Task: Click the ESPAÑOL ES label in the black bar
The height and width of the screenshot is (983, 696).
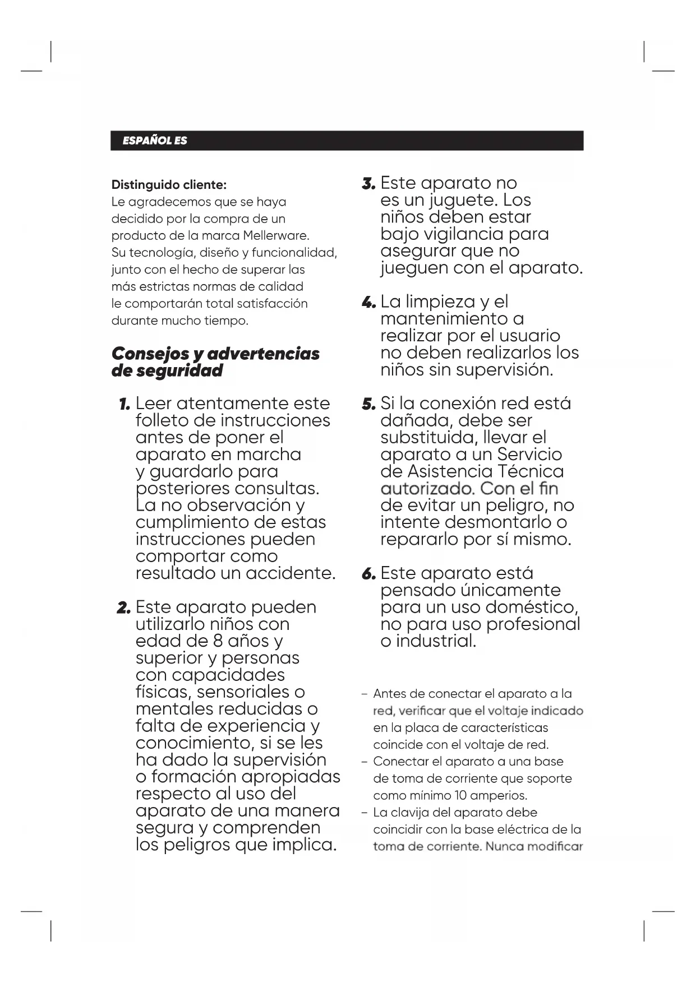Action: pos(155,141)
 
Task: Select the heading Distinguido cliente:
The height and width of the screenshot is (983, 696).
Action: pos(169,185)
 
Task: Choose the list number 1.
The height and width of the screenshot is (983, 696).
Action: pos(125,404)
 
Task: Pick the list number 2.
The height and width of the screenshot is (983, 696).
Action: pos(123,608)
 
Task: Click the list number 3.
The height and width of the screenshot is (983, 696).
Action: pos(368,183)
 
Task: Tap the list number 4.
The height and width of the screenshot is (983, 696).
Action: pos(368,303)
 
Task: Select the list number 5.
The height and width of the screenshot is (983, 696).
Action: pos(368,404)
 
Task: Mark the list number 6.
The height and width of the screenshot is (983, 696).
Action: pos(368,574)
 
